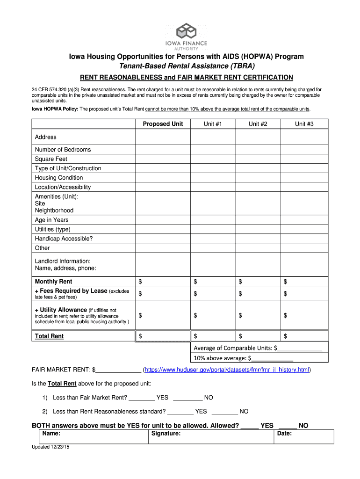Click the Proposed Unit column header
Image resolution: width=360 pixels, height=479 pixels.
point(163,124)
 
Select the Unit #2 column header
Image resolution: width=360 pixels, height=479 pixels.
point(258,124)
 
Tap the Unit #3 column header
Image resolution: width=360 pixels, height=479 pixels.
point(304,124)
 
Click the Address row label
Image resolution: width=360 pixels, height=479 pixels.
point(46,137)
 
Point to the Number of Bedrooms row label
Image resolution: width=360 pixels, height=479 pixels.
point(63,150)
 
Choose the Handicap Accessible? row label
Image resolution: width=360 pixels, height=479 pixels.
point(64,239)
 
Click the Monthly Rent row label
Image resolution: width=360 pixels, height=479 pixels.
point(53,282)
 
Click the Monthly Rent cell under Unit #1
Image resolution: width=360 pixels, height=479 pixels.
point(213,282)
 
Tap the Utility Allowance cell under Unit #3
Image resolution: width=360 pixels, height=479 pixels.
point(304,316)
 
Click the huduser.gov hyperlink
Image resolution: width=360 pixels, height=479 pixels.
point(227,370)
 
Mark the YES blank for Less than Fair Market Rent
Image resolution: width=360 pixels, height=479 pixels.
point(141,398)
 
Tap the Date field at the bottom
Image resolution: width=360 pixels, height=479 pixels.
point(304,436)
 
